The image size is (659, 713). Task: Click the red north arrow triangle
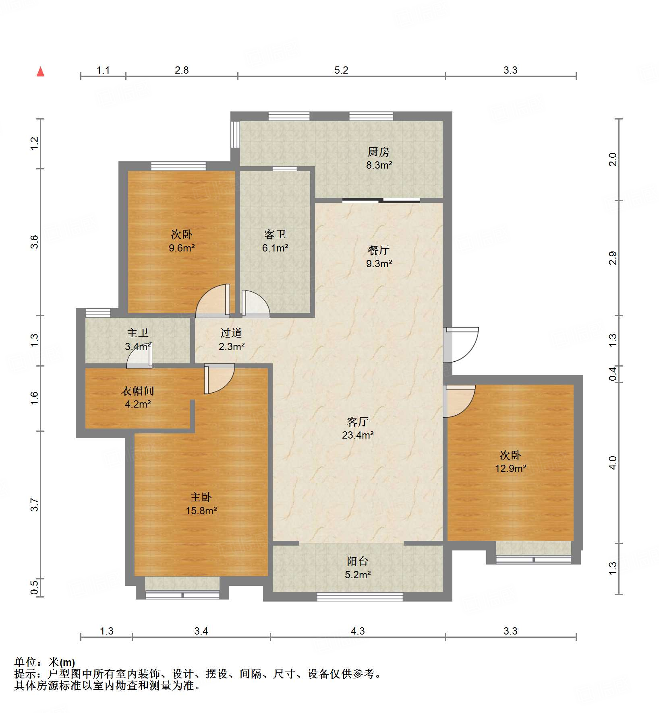[40, 72]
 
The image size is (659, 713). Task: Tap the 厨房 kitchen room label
[378, 152]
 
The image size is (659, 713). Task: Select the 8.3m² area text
[379, 165]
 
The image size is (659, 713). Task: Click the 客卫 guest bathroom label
[275, 235]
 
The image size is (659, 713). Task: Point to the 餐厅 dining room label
[379, 251]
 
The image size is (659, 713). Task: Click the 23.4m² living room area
[358, 435]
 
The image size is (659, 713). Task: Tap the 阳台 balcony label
[358, 561]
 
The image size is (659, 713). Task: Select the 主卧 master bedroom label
[201, 497]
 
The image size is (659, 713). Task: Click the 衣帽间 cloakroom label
[138, 391]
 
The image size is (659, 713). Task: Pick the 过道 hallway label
[231, 333]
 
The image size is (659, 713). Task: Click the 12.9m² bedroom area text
[510, 468]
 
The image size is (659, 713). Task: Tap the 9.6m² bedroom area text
[182, 248]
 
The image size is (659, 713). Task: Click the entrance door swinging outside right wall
[460, 344]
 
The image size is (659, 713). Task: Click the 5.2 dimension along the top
[341, 70]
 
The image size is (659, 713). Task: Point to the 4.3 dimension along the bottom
[357, 631]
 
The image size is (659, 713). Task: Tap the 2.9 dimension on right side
[612, 258]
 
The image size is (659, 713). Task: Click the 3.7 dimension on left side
[35, 505]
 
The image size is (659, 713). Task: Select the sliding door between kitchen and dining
[381, 200]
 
